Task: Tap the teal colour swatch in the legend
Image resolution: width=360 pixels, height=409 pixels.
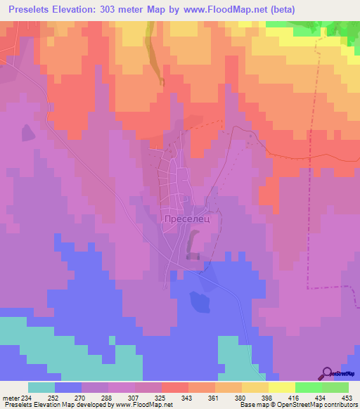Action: point(41,387)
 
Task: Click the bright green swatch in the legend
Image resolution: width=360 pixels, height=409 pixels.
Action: point(308,387)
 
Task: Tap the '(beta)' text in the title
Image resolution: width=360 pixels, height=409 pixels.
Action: point(300,9)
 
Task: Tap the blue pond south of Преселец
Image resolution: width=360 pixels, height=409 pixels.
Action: point(200,301)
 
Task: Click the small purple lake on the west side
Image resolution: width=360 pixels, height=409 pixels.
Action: point(28,132)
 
